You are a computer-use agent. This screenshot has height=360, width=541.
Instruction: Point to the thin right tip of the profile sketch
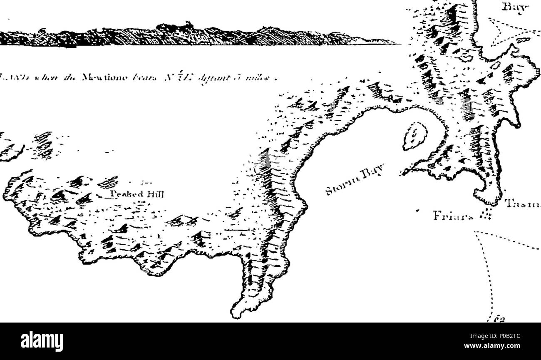[395, 43]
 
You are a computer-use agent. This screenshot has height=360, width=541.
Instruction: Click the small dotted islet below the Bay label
[522, 41]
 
